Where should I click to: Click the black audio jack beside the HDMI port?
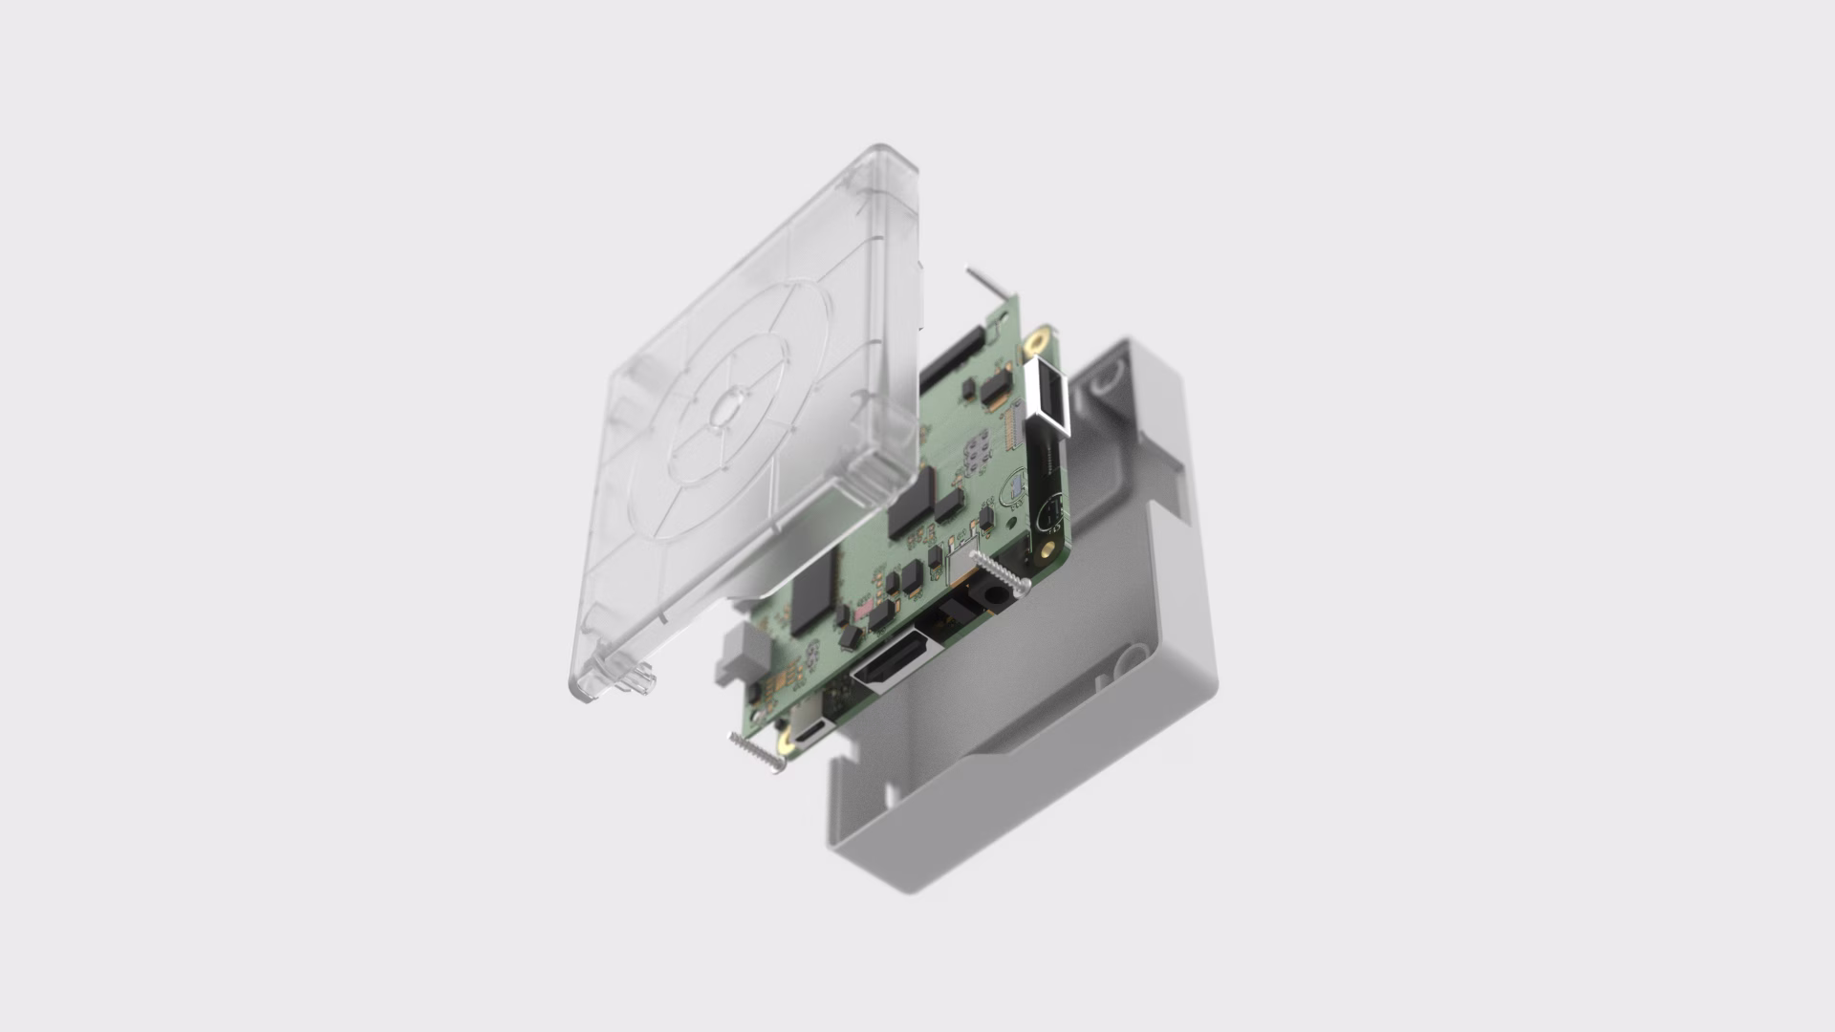984,600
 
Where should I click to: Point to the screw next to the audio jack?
1001,572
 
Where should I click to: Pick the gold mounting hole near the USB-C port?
784,740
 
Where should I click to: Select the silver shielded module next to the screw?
959,567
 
